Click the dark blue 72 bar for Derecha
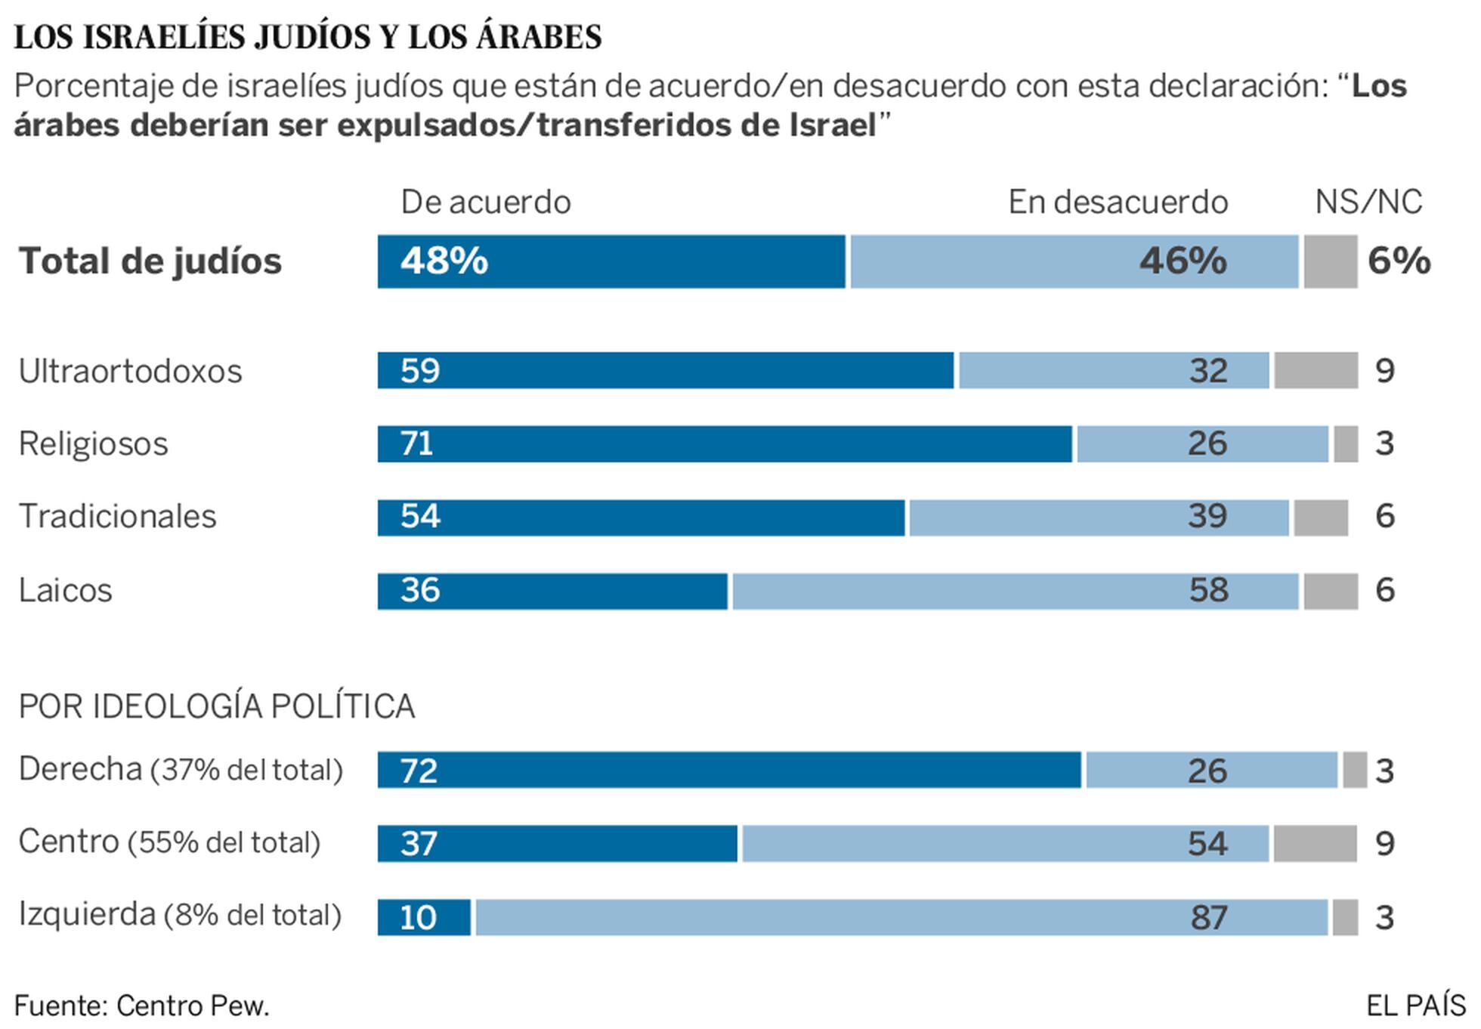pyautogui.click(x=729, y=770)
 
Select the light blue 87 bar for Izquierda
pyautogui.click(x=901, y=917)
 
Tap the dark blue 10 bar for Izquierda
pyautogui.click(x=424, y=917)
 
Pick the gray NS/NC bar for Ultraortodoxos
pyautogui.click(x=1316, y=370)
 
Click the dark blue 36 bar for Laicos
pyautogui.click(x=552, y=591)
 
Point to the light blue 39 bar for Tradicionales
pyautogui.click(x=1099, y=518)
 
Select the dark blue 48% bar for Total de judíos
pyautogui.click(x=611, y=261)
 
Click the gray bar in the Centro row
pyautogui.click(x=1315, y=843)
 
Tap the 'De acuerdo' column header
pyautogui.click(x=485, y=202)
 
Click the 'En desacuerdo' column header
pyautogui.click(x=1118, y=202)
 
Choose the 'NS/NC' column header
pyautogui.click(x=1368, y=202)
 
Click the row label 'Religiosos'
pyautogui.click(x=94, y=444)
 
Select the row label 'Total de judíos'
pyautogui.click(x=150, y=261)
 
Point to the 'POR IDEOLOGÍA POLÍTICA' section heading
pyautogui.click(x=217, y=706)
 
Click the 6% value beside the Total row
pyautogui.click(x=1399, y=261)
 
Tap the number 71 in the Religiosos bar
pyautogui.click(x=416, y=443)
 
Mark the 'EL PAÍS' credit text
pyautogui.click(x=1415, y=1006)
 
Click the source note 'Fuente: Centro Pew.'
pyautogui.click(x=142, y=1006)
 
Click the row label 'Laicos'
pyautogui.click(x=66, y=591)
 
